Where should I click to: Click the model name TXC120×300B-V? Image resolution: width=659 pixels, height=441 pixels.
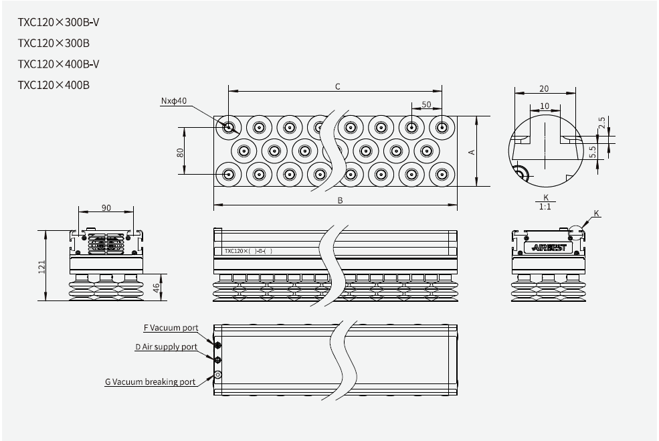tap(59, 23)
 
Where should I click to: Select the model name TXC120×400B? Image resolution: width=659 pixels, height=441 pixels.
tap(54, 85)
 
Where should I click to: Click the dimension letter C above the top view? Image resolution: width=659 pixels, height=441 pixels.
tap(338, 86)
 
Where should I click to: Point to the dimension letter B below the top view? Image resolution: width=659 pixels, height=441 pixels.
tap(340, 200)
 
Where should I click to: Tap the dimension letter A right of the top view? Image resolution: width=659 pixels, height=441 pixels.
tap(472, 152)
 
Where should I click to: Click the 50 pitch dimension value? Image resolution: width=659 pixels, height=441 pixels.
tap(426, 105)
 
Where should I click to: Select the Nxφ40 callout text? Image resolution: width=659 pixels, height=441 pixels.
tap(174, 101)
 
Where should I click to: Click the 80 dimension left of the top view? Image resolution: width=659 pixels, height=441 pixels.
tap(180, 152)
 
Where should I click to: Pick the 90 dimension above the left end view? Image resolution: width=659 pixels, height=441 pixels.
tap(106, 207)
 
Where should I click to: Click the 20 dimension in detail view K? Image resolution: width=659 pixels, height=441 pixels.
tap(544, 88)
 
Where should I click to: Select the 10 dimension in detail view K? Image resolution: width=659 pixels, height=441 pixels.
tap(545, 106)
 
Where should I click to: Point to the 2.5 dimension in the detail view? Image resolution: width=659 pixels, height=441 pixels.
tap(602, 123)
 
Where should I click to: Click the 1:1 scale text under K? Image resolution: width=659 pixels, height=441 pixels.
tap(545, 207)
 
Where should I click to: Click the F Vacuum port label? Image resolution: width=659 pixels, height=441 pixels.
tap(171, 328)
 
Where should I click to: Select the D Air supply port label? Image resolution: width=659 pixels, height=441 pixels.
tap(166, 347)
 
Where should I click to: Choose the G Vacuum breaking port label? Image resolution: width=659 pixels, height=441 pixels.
tap(151, 382)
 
